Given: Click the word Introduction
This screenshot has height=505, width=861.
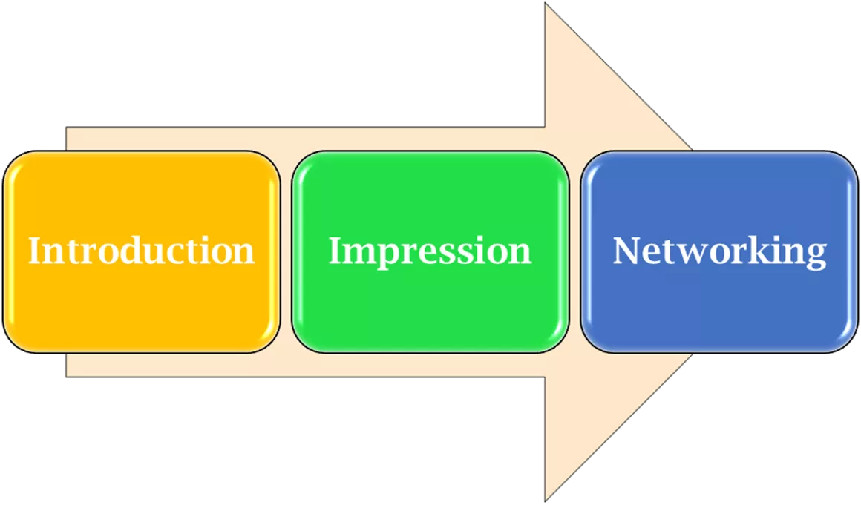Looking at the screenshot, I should pyautogui.click(x=141, y=251).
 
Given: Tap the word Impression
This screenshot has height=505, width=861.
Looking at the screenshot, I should pyautogui.click(x=430, y=251).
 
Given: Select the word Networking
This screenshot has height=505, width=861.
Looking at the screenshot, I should pyautogui.click(x=719, y=251).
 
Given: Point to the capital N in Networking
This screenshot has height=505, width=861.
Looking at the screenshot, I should pyautogui.click(x=626, y=251).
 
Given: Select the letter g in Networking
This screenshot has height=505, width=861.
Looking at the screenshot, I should pyautogui.click(x=815, y=255).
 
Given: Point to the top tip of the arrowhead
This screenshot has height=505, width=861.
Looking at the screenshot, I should pyautogui.click(x=546, y=4).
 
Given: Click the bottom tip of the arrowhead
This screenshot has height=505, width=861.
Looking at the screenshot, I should pyautogui.click(x=546, y=501).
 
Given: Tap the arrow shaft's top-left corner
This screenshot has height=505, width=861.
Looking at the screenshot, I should pyautogui.click(x=68, y=128).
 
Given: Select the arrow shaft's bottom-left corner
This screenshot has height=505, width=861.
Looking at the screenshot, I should pyautogui.click(x=68, y=375).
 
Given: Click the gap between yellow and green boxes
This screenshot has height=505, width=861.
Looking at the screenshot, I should pyautogui.click(x=286, y=251).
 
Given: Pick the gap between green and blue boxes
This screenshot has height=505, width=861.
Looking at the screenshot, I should pyautogui.click(x=574, y=251).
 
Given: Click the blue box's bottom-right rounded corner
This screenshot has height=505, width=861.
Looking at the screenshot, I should pyautogui.click(x=848, y=343).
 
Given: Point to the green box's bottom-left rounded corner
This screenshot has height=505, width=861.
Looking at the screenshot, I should pyautogui.click(x=301, y=343).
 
